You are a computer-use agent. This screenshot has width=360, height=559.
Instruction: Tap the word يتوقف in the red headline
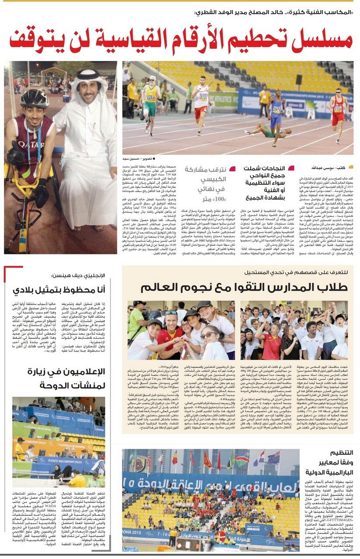[x=35, y=40]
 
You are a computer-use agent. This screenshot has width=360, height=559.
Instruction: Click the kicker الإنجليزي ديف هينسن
[x=79, y=275]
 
